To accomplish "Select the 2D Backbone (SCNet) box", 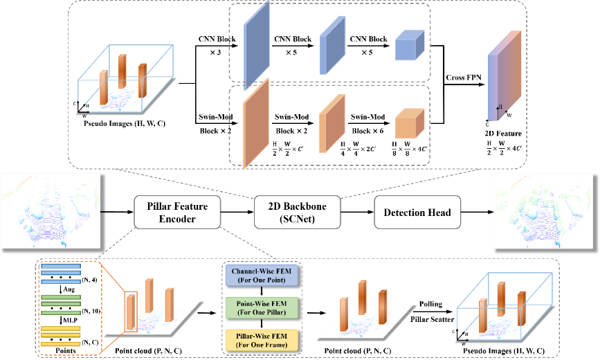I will (298, 211).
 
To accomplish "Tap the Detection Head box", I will (418, 211).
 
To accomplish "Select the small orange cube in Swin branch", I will (408, 126).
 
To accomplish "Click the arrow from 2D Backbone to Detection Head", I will (358, 211).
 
